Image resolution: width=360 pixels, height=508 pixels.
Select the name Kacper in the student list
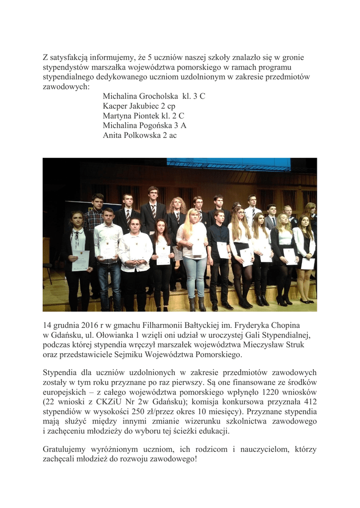tap(115, 106)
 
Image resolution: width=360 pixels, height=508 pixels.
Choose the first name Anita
tap(113, 135)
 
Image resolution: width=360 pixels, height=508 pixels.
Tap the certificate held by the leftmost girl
tap(80, 260)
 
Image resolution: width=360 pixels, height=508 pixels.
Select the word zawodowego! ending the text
tap(170, 459)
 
